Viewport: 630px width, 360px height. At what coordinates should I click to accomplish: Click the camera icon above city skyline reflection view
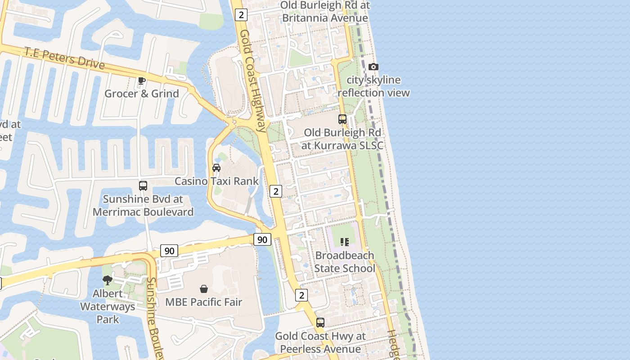pos(373,67)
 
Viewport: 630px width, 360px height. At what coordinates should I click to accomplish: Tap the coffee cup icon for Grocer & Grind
pos(142,81)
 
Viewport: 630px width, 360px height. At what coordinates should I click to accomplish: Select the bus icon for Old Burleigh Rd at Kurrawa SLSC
pos(342,119)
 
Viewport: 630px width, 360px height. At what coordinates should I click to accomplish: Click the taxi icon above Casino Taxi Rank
pos(216,168)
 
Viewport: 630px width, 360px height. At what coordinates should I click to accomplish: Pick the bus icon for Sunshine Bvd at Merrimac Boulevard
pos(143,186)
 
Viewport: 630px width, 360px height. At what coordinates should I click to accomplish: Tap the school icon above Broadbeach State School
pos(345,242)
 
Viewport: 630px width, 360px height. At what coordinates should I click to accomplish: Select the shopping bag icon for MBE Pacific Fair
pos(204,288)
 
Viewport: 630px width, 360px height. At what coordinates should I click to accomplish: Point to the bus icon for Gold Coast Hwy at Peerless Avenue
pos(320,322)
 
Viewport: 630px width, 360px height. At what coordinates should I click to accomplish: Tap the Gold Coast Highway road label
pos(252,81)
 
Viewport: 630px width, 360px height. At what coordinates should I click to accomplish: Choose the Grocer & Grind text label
pos(142,94)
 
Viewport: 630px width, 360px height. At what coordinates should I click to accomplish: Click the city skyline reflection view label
pos(373,86)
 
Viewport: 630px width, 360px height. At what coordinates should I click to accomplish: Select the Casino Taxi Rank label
pos(216,181)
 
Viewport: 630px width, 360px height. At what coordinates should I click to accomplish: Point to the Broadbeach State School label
pos(345,262)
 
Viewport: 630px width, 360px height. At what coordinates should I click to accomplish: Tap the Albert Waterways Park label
pos(108,306)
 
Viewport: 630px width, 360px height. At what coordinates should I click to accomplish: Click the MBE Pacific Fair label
pos(204,302)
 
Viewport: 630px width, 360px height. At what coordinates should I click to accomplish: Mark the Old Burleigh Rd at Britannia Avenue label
pos(325,12)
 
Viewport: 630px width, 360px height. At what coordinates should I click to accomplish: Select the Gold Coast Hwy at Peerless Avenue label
pos(320,342)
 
